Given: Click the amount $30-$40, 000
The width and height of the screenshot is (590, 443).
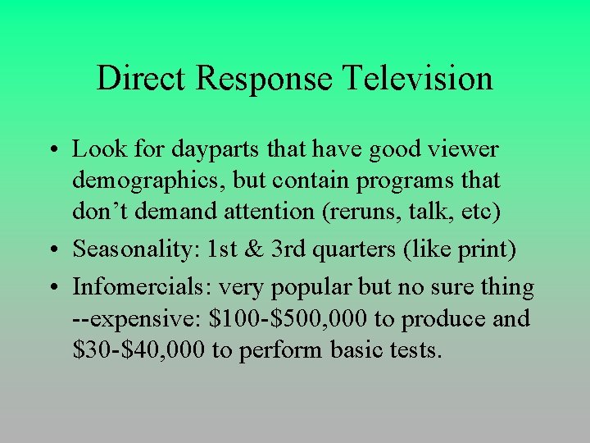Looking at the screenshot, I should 138,349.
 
